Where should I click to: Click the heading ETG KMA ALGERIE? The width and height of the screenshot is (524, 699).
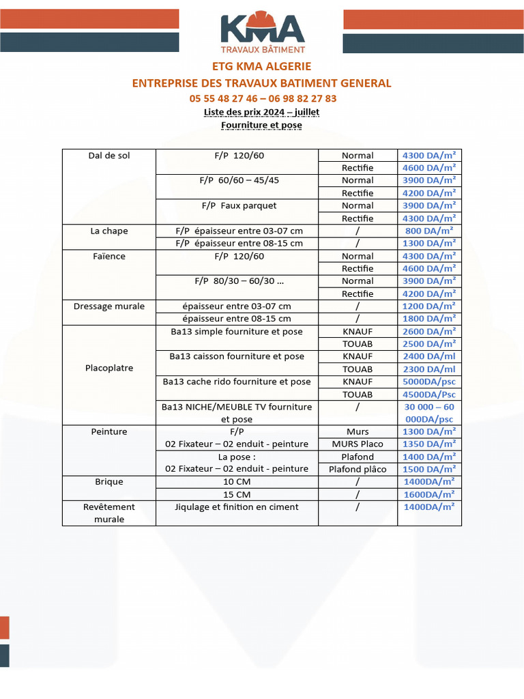click(262, 66)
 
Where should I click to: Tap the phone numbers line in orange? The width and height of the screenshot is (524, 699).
click(263, 98)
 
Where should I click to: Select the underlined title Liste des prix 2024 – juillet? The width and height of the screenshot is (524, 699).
click(262, 112)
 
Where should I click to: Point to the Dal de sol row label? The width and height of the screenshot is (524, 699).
click(109, 156)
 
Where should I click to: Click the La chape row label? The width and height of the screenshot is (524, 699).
click(109, 231)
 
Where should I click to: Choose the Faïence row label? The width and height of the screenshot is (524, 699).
click(109, 256)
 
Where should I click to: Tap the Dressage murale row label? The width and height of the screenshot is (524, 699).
click(109, 306)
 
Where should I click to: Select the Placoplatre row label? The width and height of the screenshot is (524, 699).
click(109, 368)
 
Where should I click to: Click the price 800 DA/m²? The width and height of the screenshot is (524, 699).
click(429, 231)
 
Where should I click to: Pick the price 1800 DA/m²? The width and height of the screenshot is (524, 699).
click(429, 319)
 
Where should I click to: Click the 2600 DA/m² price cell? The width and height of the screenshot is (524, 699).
click(429, 332)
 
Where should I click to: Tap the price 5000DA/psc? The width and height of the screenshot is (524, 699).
click(429, 382)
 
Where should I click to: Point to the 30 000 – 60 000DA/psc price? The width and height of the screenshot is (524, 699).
click(429, 413)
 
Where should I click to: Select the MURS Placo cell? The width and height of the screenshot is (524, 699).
click(358, 444)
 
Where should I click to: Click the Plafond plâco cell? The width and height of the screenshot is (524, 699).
click(358, 469)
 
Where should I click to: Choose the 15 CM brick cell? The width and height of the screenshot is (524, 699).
click(237, 494)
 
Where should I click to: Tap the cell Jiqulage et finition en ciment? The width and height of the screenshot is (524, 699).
click(237, 507)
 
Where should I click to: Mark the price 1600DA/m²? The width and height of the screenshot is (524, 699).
click(429, 494)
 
